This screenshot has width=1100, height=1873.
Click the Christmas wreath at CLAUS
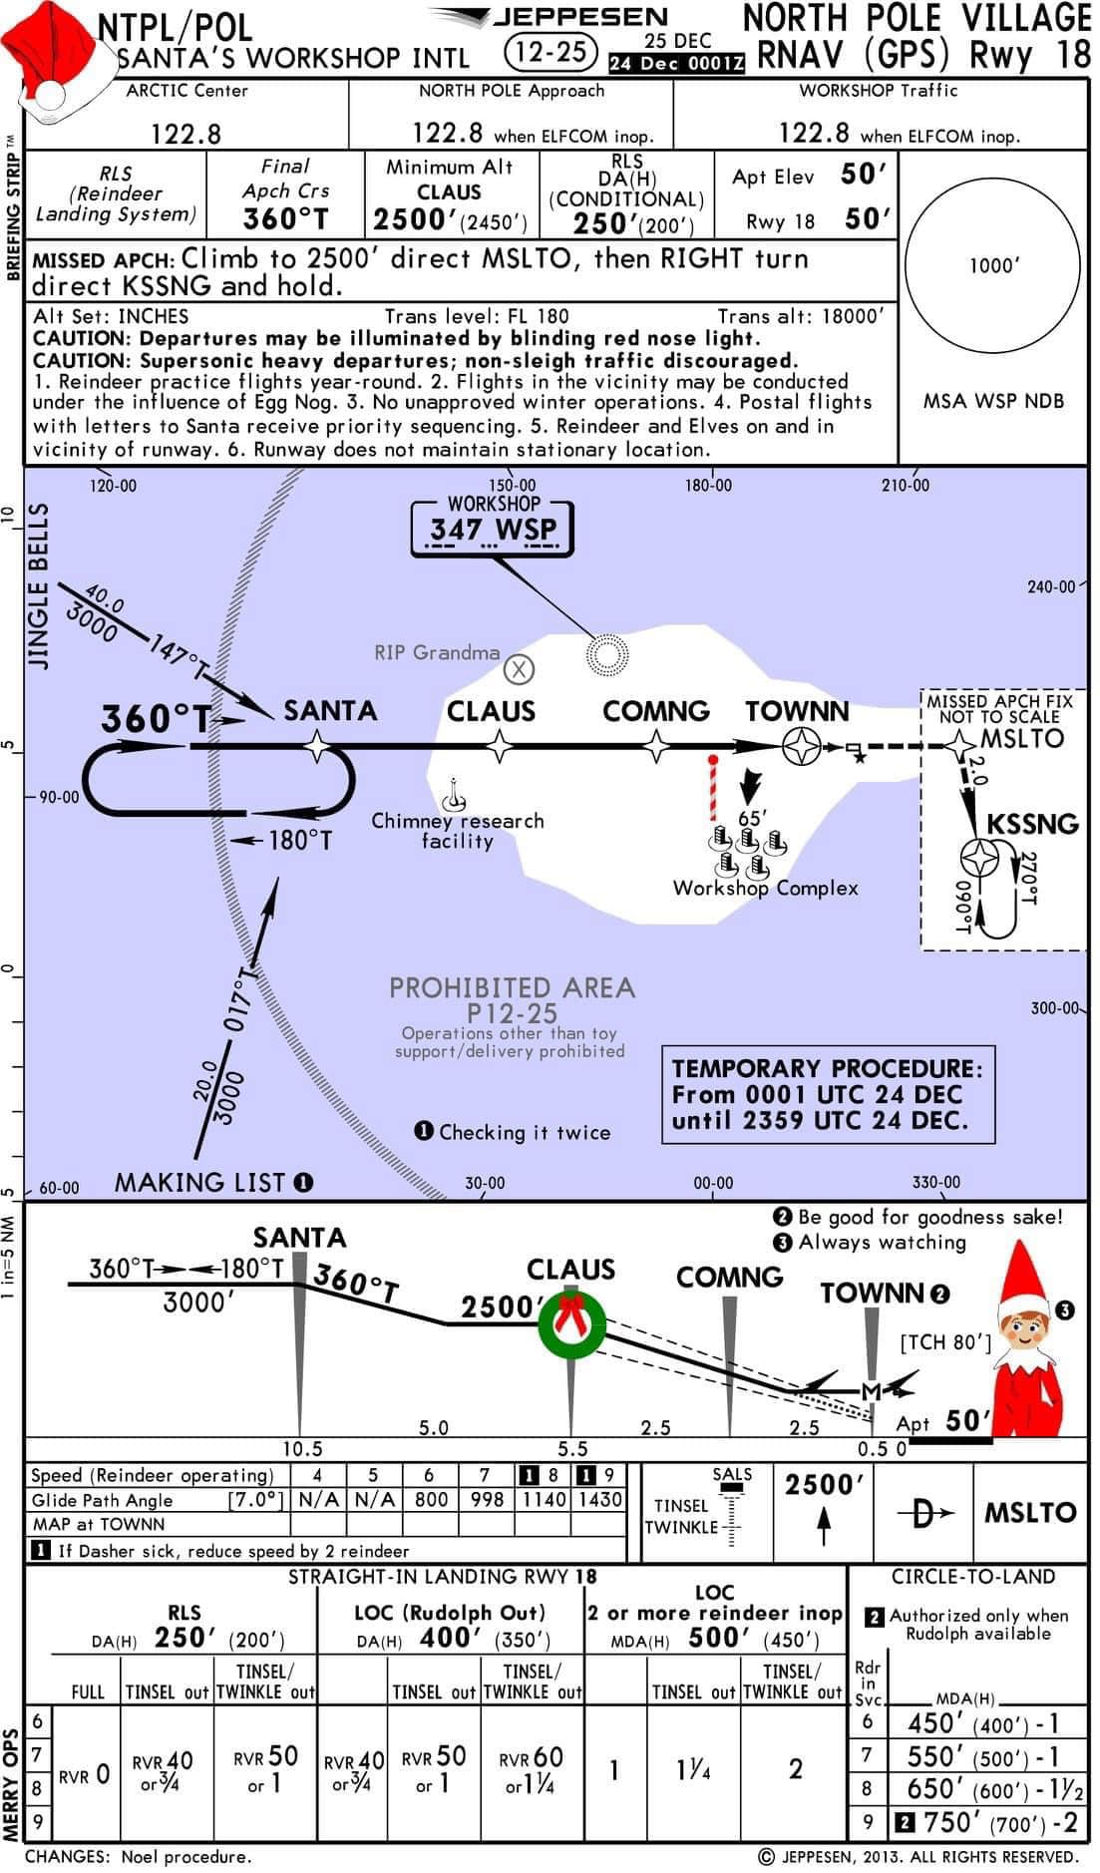571,1324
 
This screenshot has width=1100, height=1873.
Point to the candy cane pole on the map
713,788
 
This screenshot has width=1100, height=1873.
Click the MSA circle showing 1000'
993,264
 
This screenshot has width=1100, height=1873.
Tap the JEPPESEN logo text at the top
581,17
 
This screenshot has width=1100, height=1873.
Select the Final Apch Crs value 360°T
285,218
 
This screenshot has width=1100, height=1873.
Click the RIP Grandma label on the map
437,652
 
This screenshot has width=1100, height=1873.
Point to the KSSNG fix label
1033,824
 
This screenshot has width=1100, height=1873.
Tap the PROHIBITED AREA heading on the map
512,988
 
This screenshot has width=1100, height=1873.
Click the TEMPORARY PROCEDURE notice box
829,1093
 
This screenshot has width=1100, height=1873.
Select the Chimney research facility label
458,831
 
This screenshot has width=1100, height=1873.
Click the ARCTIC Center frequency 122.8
186,134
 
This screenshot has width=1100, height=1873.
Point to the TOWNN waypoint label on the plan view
798,711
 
